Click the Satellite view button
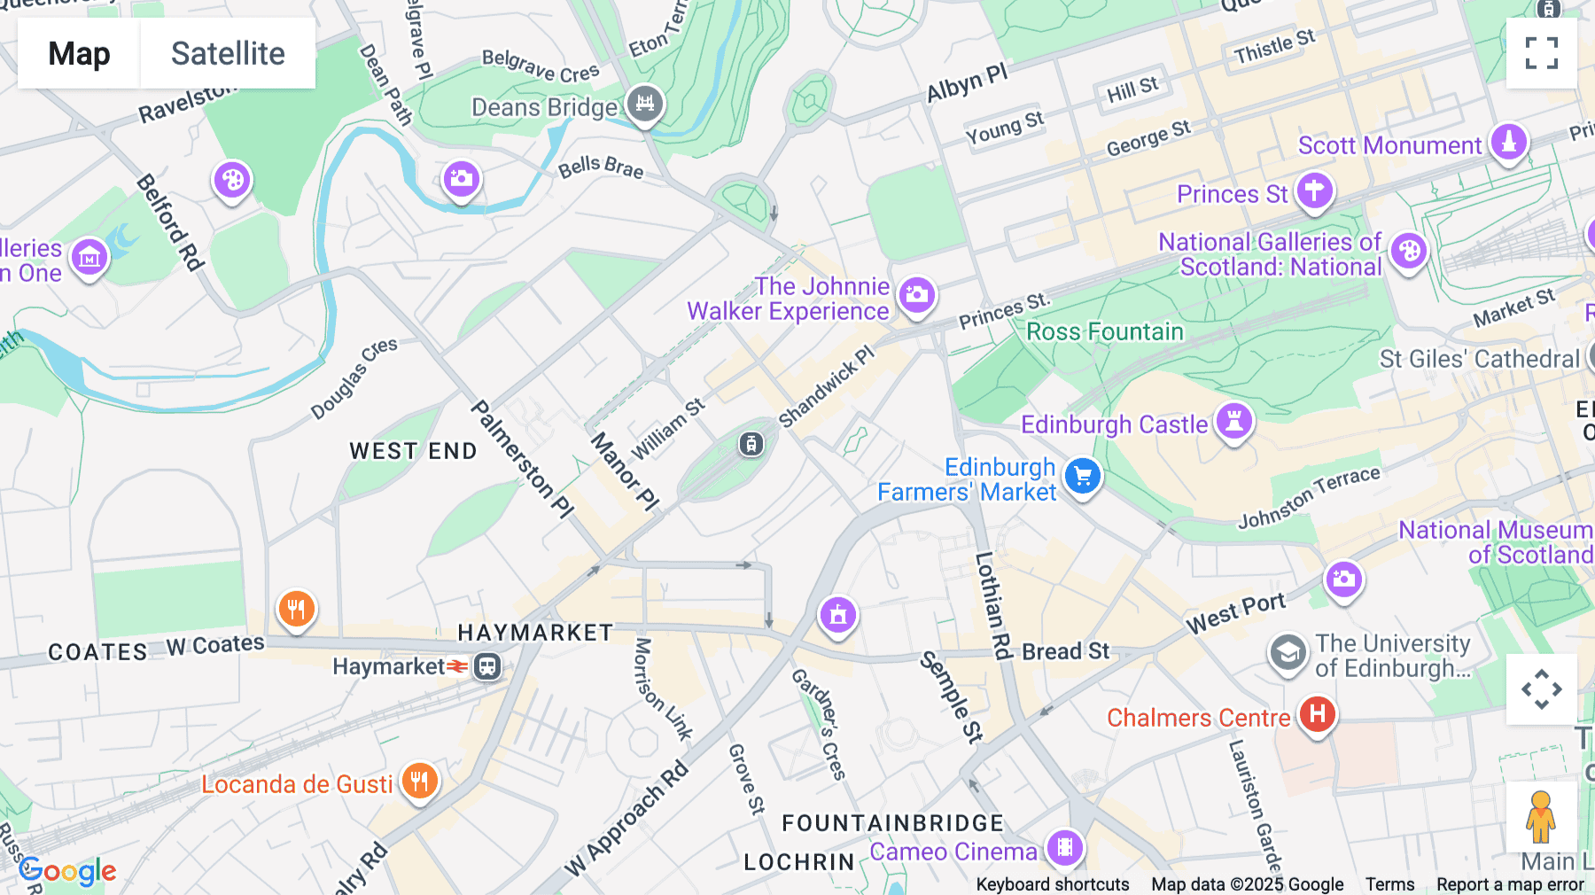coord(228,53)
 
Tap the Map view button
coord(79,53)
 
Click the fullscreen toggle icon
coord(1541,53)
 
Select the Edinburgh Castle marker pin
coord(1233,422)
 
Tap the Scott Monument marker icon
coord(1508,142)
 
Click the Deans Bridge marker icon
coord(645,104)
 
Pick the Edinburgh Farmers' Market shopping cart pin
coord(1082,477)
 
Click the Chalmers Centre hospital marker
coord(1317,713)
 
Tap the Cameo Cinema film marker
coord(1065,847)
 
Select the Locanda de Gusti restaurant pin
coord(419,781)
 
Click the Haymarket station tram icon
coord(487,666)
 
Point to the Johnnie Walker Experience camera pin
coord(916,294)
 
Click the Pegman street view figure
coord(1540,817)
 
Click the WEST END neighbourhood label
coord(413,451)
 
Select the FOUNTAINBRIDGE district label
coord(892,823)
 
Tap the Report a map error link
coord(1510,884)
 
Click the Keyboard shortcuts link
coord(1052,884)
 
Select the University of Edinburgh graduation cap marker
coord(1288,654)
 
